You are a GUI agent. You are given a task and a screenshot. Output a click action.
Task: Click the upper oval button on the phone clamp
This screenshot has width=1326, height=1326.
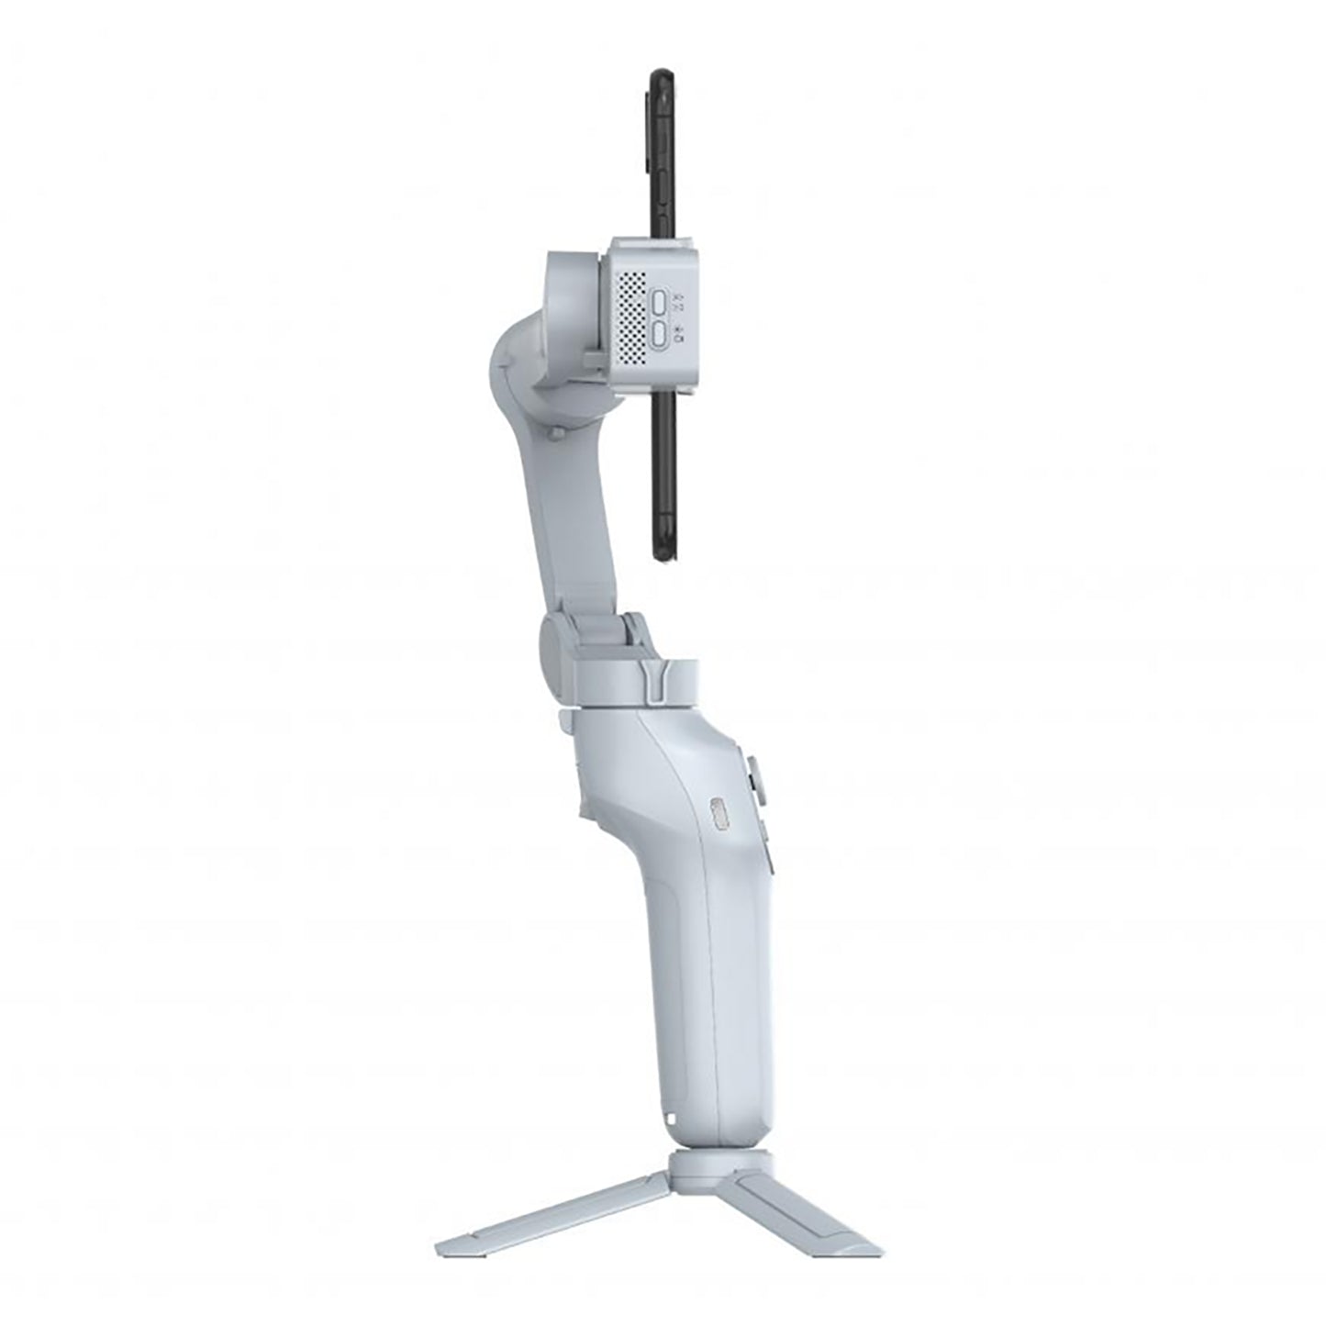click(x=659, y=304)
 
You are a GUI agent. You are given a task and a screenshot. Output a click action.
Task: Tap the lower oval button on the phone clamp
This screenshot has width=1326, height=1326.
click(x=659, y=336)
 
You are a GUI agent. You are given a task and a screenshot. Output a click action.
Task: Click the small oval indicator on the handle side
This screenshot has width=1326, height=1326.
click(x=718, y=816)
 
